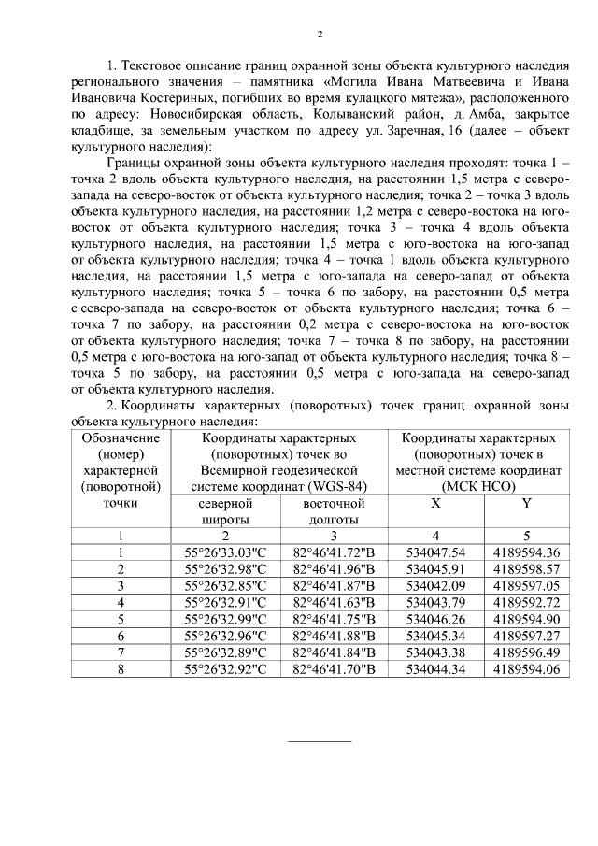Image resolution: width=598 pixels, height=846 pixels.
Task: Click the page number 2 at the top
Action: click(x=320, y=35)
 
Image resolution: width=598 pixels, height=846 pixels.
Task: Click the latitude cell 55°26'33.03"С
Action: click(x=225, y=552)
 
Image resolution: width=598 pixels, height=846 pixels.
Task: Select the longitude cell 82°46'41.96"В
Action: click(x=334, y=568)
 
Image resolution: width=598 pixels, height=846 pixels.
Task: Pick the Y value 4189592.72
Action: click(x=526, y=602)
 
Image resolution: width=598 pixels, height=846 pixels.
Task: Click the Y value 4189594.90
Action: click(x=526, y=619)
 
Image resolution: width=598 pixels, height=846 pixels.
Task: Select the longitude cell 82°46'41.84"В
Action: click(x=334, y=652)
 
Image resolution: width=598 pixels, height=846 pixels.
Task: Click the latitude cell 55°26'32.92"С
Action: click(x=225, y=669)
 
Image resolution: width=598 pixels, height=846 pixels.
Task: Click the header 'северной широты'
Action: click(x=225, y=511)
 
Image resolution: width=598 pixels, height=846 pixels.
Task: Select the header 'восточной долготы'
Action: click(x=334, y=511)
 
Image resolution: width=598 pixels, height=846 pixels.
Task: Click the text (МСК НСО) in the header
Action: click(x=480, y=486)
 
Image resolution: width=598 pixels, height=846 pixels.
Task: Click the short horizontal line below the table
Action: click(x=319, y=740)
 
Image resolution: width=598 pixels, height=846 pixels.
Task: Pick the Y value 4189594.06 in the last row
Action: click(x=526, y=669)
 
